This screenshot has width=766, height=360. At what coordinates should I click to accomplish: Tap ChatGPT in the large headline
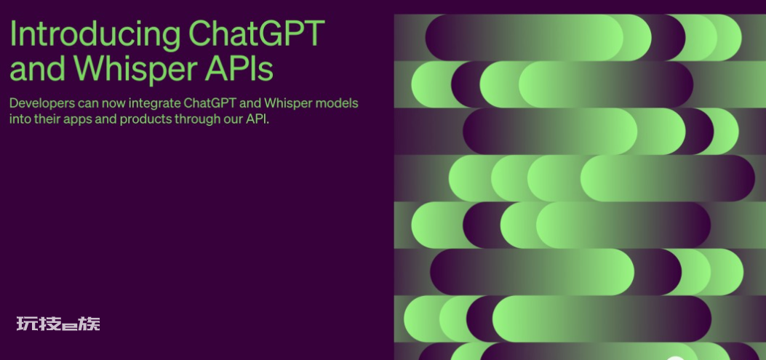(x=257, y=33)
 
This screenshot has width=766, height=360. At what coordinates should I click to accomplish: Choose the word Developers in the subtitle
(x=42, y=104)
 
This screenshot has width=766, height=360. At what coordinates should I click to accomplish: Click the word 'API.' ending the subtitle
(x=258, y=119)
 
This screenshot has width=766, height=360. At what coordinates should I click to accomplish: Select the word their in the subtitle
(x=47, y=119)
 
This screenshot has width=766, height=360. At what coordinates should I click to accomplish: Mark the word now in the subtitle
(x=114, y=104)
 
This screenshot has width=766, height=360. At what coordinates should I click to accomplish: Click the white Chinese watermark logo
(x=58, y=324)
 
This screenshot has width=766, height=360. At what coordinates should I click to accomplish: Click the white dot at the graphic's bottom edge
(x=675, y=359)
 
